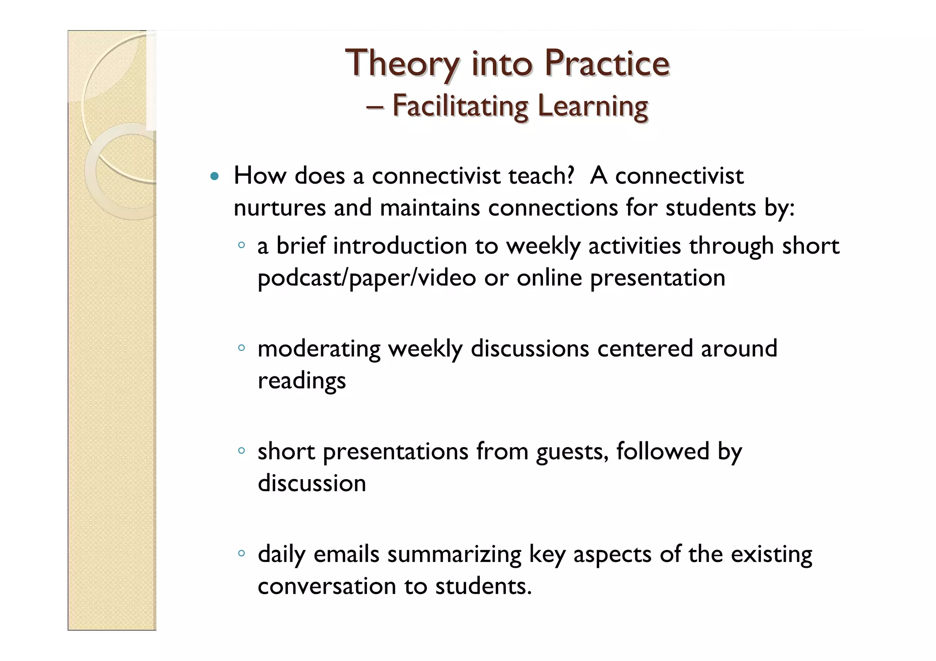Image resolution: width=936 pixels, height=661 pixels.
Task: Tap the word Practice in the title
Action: point(606,63)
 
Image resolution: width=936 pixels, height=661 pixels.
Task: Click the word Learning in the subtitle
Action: point(593,106)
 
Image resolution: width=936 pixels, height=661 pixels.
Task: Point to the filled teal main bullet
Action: point(214,176)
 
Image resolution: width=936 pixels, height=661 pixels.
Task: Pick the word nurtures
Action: point(280,208)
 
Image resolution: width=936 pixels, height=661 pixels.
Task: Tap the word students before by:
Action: point(711,208)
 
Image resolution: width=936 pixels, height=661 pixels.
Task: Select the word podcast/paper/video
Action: point(367,278)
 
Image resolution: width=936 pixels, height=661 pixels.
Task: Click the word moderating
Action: point(319,349)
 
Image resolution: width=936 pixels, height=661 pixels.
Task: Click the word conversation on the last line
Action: point(327,586)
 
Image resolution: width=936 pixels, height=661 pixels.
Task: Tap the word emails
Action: point(346,554)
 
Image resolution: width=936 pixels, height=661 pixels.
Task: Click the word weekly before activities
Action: point(543,246)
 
